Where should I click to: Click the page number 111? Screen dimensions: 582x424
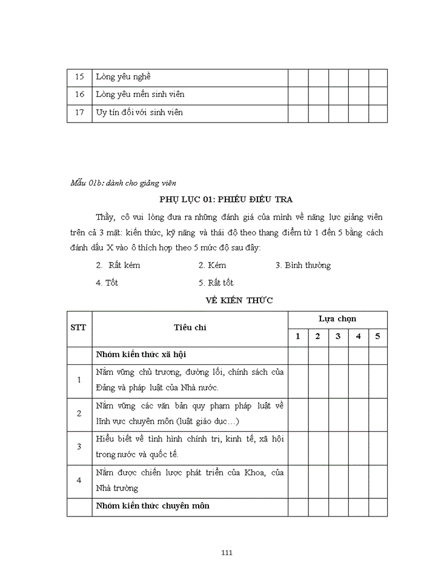tap(227, 552)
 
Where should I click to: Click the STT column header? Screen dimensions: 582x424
tap(79, 327)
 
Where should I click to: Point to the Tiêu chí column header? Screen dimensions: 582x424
tap(190, 327)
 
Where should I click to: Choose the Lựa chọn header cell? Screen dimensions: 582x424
tap(337, 319)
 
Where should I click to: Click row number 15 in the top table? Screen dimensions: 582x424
tap(79, 77)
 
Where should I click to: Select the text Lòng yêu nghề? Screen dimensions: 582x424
tap(123, 77)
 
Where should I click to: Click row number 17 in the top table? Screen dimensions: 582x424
tap(79, 112)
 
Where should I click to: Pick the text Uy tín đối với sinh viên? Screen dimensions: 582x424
tap(139, 112)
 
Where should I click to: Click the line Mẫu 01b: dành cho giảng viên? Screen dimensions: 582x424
tap(124, 183)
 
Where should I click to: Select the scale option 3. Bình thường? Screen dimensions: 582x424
tap(303, 266)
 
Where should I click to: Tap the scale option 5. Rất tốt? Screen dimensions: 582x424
tap(216, 283)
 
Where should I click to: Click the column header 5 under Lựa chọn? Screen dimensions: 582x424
tap(377, 336)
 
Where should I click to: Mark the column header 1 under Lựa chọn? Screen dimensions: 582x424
tap(297, 336)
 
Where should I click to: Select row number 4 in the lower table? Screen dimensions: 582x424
tap(79, 481)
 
